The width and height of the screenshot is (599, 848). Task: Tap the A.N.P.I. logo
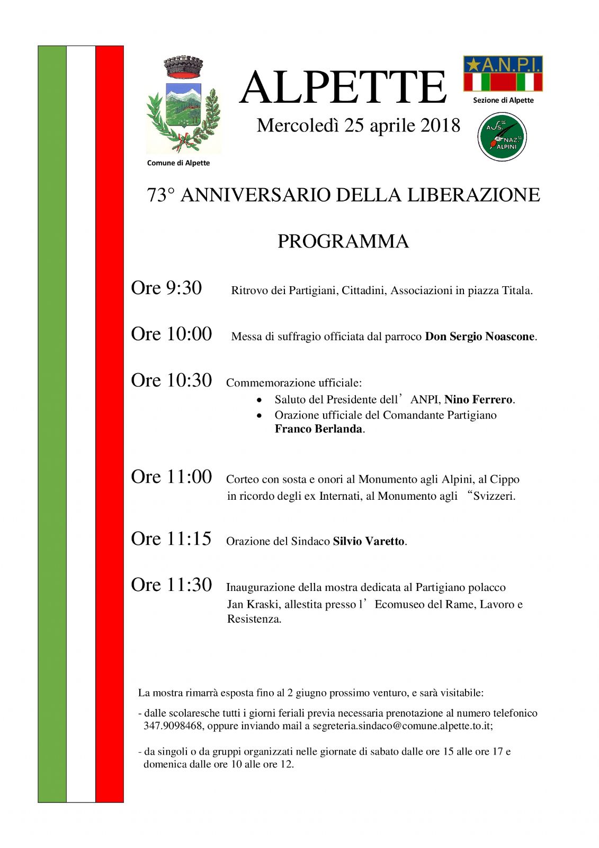[503, 74]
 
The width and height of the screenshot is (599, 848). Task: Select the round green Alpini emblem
[502, 137]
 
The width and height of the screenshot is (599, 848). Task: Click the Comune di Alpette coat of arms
[183, 105]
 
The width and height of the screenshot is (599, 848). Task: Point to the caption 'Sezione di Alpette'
[503, 100]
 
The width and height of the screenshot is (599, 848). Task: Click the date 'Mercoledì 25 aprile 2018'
[358, 126]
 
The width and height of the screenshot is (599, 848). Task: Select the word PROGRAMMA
[343, 242]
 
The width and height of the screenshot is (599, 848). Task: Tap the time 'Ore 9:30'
[166, 288]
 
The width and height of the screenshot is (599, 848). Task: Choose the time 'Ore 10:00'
[171, 334]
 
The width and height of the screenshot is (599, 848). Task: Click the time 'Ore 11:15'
[171, 538]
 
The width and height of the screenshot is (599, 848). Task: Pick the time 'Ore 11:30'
[171, 585]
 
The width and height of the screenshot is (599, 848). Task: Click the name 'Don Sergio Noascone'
[480, 337]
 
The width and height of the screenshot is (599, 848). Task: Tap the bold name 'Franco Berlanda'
[318, 429]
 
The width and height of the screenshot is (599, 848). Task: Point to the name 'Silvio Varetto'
[369, 541]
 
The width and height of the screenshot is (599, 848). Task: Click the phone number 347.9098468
[173, 726]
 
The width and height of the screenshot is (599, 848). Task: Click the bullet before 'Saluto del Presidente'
[259, 400]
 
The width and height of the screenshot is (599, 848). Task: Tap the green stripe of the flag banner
[52, 424]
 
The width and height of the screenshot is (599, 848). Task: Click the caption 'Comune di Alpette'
[178, 163]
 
